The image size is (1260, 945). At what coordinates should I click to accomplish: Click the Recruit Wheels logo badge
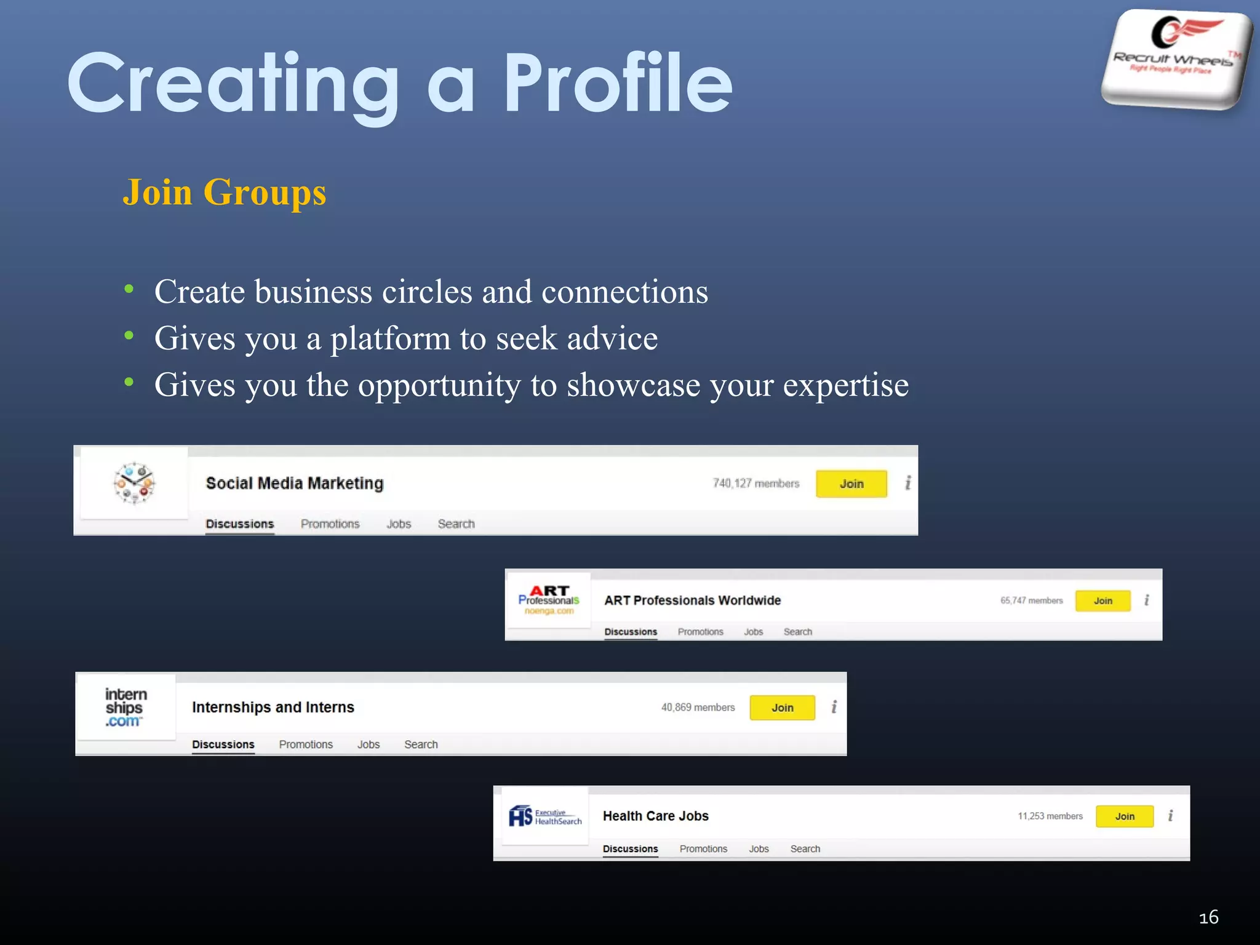1176,59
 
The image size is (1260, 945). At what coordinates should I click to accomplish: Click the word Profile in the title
618,84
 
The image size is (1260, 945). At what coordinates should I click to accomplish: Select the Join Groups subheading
225,192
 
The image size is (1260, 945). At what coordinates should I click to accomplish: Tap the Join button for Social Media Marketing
851,484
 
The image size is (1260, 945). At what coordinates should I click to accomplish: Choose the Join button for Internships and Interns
782,708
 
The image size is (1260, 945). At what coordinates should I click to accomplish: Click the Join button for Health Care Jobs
1124,816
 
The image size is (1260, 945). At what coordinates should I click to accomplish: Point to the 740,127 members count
756,484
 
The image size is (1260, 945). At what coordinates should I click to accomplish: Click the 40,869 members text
698,708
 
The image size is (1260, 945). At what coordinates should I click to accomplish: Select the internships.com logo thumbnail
126,708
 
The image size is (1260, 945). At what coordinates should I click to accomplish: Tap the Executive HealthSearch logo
544,816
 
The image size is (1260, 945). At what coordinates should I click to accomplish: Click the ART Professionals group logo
548,600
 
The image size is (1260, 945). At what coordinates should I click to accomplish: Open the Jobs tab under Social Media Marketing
398,524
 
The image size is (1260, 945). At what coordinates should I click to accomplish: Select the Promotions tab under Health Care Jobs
703,849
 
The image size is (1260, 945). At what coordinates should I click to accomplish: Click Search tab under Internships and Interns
421,744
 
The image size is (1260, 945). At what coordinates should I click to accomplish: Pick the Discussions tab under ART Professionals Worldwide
631,632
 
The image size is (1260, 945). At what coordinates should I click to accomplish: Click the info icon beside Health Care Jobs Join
1170,816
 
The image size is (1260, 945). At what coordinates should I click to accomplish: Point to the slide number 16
1208,917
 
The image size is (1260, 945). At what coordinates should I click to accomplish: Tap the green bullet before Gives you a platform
129,336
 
